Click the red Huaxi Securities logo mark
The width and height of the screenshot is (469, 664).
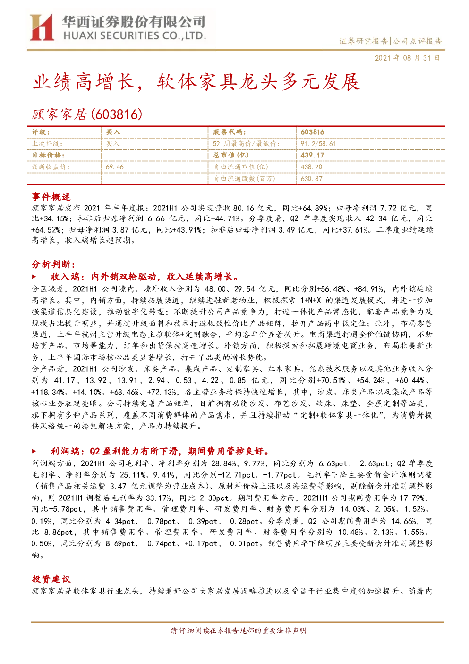(42, 27)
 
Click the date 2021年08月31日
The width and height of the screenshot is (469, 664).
(407, 58)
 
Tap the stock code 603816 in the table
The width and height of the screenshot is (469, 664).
(312, 132)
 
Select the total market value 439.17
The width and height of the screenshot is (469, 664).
(312, 155)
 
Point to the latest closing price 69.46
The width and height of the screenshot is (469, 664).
(115, 167)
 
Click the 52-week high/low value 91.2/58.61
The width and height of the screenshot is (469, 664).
(318, 144)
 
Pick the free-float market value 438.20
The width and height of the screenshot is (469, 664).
(311, 167)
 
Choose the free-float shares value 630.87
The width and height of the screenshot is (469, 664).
(311, 179)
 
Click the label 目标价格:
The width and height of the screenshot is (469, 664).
(48, 155)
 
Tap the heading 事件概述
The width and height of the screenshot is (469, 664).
(51, 197)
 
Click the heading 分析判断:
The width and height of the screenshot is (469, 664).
(53, 264)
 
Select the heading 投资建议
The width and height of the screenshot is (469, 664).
(51, 579)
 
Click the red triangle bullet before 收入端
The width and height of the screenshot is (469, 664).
(34, 277)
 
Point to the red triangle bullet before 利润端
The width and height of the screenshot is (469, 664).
(34, 451)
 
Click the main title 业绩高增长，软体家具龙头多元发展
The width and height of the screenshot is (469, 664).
(196, 82)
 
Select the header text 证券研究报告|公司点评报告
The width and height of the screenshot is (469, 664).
(390, 41)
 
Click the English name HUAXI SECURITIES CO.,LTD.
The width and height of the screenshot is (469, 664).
(135, 36)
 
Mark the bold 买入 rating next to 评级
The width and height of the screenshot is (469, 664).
(113, 132)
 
